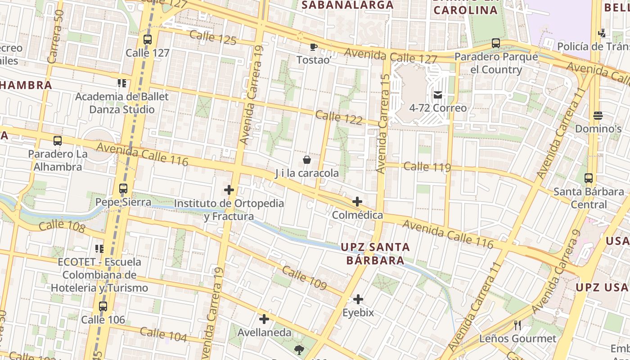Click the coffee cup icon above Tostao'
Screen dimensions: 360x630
tap(314, 47)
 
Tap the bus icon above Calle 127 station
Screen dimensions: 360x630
tap(148, 40)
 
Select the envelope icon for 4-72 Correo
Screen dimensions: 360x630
tap(437, 95)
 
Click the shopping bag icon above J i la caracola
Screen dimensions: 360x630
tap(307, 160)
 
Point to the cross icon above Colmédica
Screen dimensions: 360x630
tap(357, 202)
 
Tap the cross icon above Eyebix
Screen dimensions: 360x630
tap(358, 299)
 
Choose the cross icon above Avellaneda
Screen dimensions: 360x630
tap(264, 319)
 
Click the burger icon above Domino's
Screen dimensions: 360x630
tap(598, 116)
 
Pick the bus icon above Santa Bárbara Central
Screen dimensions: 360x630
tap(589, 178)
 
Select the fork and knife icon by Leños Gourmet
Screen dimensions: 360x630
tap(517, 325)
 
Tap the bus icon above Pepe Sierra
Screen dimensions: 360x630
tap(123, 189)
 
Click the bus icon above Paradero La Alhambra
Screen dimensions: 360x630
tap(58, 140)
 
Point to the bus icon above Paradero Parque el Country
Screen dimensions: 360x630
tap(496, 43)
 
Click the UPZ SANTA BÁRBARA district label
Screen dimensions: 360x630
tap(375, 253)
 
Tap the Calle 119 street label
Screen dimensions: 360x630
tap(427, 167)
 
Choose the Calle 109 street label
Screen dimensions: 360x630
tap(304, 278)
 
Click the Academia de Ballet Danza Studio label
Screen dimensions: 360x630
tap(122, 103)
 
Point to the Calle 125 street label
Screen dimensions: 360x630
tap(213, 37)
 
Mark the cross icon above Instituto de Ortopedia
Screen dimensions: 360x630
tap(229, 190)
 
